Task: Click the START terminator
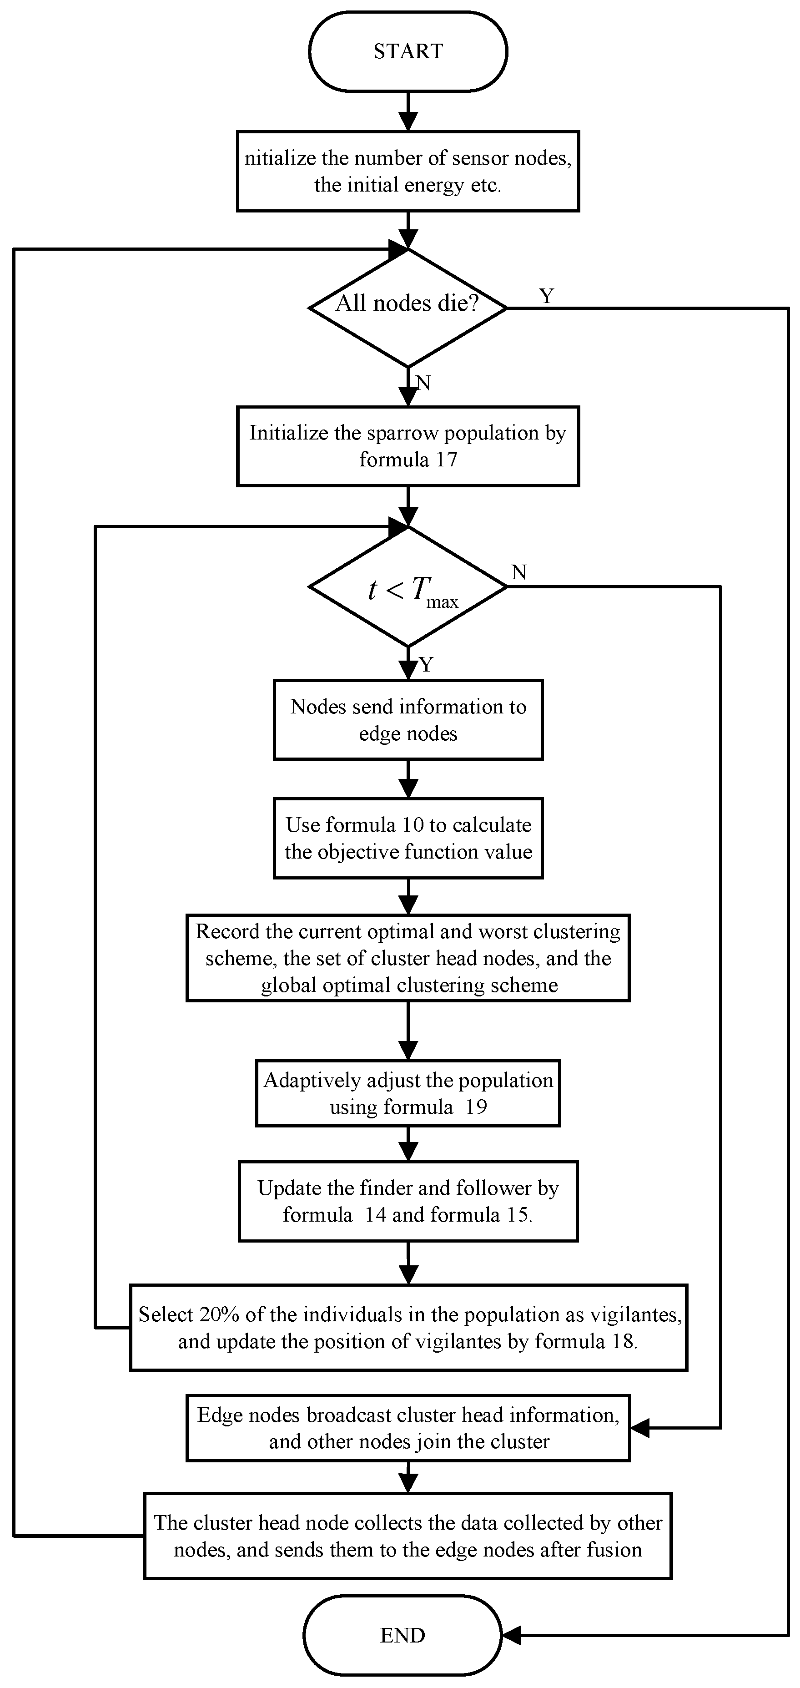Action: pos(408,51)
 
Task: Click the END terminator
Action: pos(403,1636)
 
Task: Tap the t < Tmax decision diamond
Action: pos(408,587)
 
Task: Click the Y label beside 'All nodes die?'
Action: pos(546,296)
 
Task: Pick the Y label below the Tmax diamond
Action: pos(426,665)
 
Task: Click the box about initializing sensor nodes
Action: pos(408,171)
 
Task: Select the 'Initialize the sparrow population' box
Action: pos(408,446)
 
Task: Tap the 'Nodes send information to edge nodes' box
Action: pos(408,719)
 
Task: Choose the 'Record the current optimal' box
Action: pos(408,958)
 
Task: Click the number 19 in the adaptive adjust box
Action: pos(476,1107)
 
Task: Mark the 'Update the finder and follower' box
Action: pos(408,1201)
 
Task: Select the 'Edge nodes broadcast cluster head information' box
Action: pos(408,1428)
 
